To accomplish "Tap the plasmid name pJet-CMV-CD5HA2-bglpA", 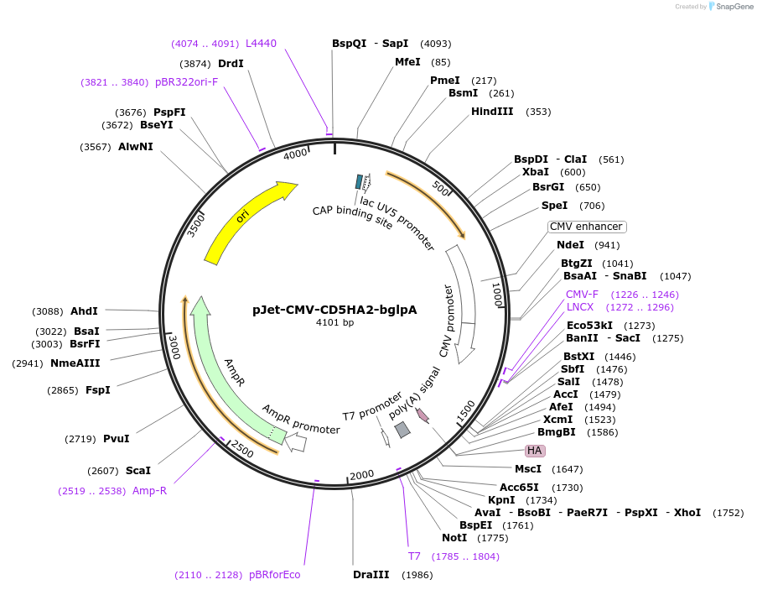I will [x=334, y=309].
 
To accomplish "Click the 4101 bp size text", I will [x=334, y=322].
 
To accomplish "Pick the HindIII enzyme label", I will [x=492, y=112].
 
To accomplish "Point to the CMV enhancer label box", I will [x=587, y=227].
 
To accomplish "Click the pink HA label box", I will [x=534, y=451].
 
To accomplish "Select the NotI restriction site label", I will [x=454, y=538].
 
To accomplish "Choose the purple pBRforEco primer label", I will [x=274, y=575].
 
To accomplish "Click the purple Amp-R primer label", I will [x=149, y=491].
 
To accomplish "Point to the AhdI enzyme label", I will [x=84, y=311].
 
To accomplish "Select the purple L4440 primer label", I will [x=261, y=44].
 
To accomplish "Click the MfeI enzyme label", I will [x=407, y=62].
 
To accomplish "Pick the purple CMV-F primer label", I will [x=582, y=295].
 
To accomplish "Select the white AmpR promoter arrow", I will [x=295, y=443].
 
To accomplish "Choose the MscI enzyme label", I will [x=528, y=469].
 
